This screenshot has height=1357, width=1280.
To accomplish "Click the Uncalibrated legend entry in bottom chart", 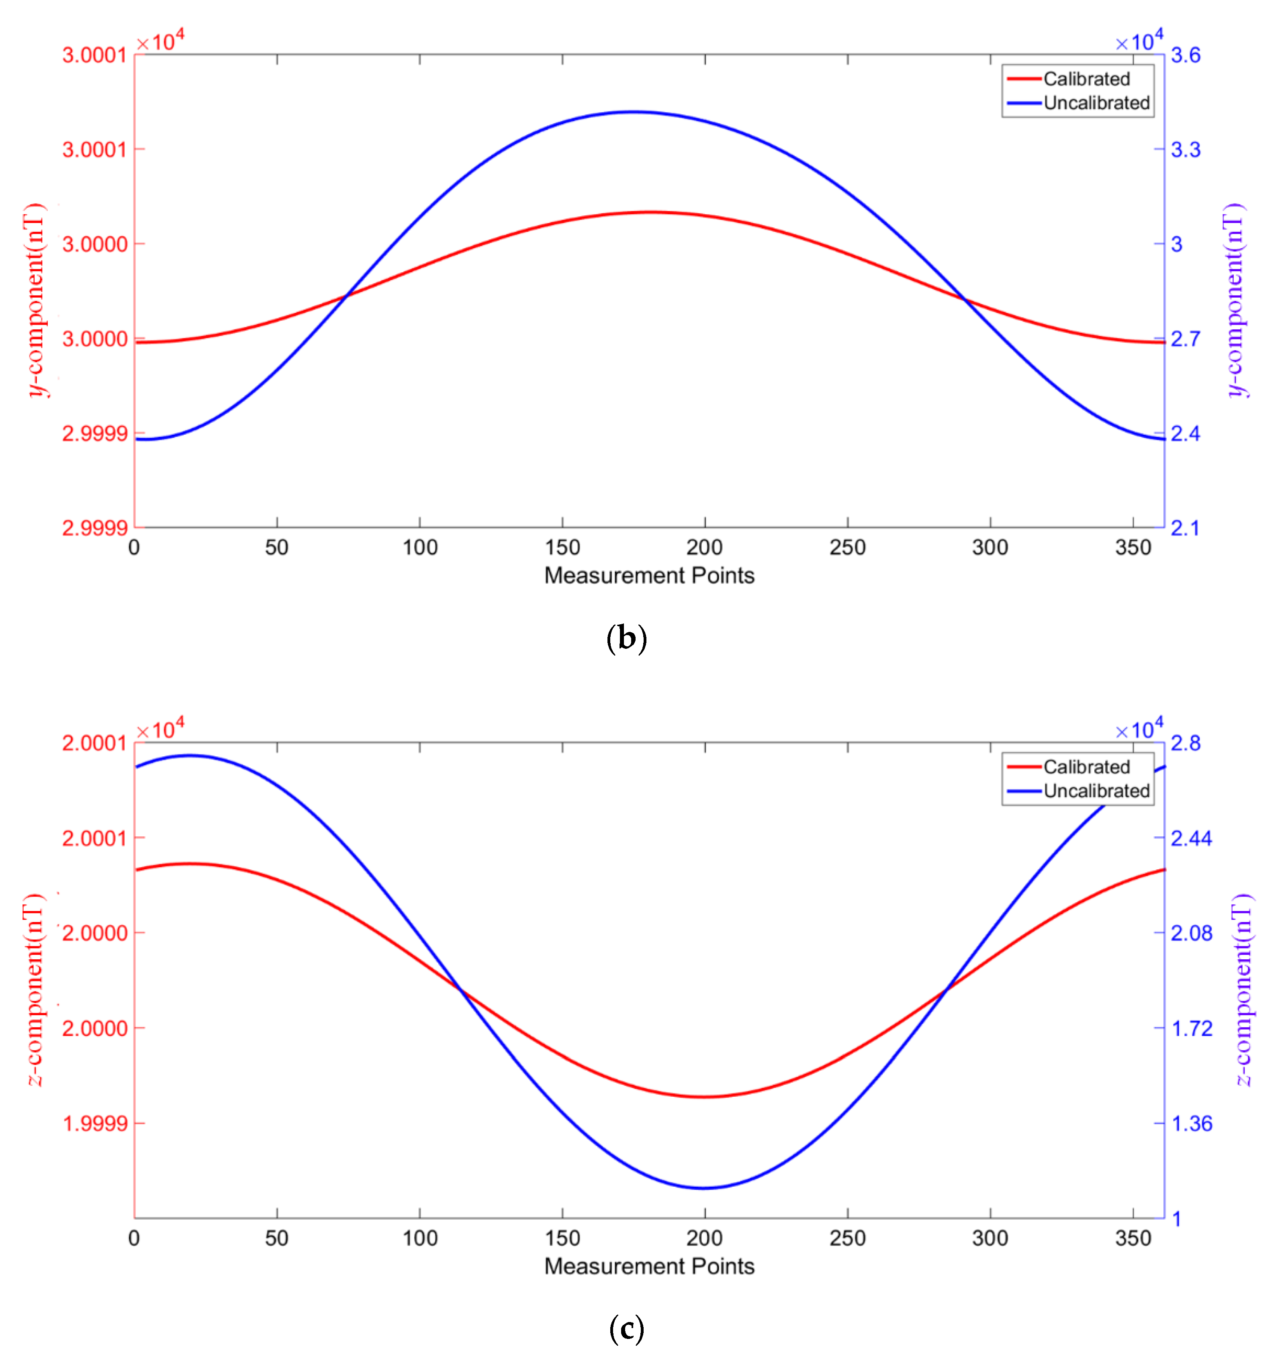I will pos(1096,791).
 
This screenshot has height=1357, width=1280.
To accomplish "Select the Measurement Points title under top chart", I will pos(649,575).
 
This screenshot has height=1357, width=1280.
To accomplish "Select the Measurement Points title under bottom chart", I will pos(649,1266).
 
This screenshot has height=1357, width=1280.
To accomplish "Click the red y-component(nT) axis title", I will pos(34,300).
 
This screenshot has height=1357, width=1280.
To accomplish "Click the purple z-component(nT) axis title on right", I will pos(1244,990).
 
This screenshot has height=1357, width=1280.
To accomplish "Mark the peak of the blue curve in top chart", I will pos(634,112).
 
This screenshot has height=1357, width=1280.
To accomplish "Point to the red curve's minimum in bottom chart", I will pos(703,1096).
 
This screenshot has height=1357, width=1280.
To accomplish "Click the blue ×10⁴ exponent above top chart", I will pos(1139,42).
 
